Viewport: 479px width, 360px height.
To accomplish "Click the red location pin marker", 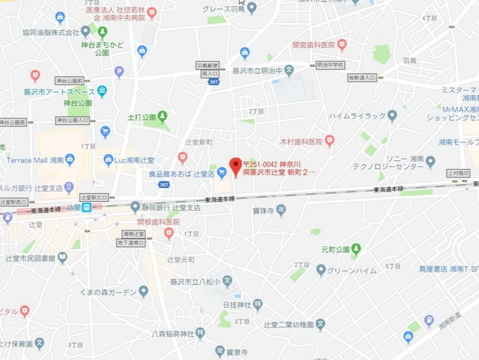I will tap(235, 165).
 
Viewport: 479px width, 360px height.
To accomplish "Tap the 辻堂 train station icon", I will tap(88, 207).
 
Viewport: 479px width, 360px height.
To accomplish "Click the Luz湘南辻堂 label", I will tap(134, 160).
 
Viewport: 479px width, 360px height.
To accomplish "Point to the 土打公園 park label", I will tap(141, 118).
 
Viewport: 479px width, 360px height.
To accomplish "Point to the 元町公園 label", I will tap(335, 248).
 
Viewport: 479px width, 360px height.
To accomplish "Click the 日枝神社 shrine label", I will tap(237, 305).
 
